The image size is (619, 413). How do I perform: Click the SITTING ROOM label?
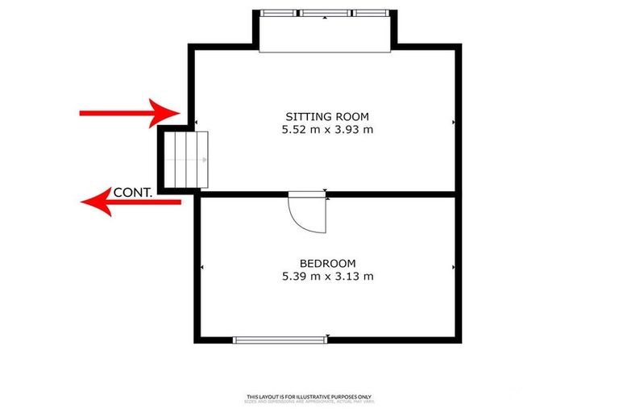point(327,116)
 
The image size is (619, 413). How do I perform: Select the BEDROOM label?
point(327,263)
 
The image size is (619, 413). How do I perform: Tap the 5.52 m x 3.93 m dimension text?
point(327,129)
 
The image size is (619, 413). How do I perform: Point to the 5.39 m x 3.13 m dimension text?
point(327,276)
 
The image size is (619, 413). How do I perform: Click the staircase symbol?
point(187,159)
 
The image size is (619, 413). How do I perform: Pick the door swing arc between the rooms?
point(310,214)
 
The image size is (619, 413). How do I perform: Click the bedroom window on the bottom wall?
point(280,340)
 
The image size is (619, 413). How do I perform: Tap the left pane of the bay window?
point(279,13)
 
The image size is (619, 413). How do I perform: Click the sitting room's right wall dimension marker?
point(455,123)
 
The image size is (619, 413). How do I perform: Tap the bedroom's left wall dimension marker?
point(201,268)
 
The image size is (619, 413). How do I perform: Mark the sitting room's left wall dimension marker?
point(197,123)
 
